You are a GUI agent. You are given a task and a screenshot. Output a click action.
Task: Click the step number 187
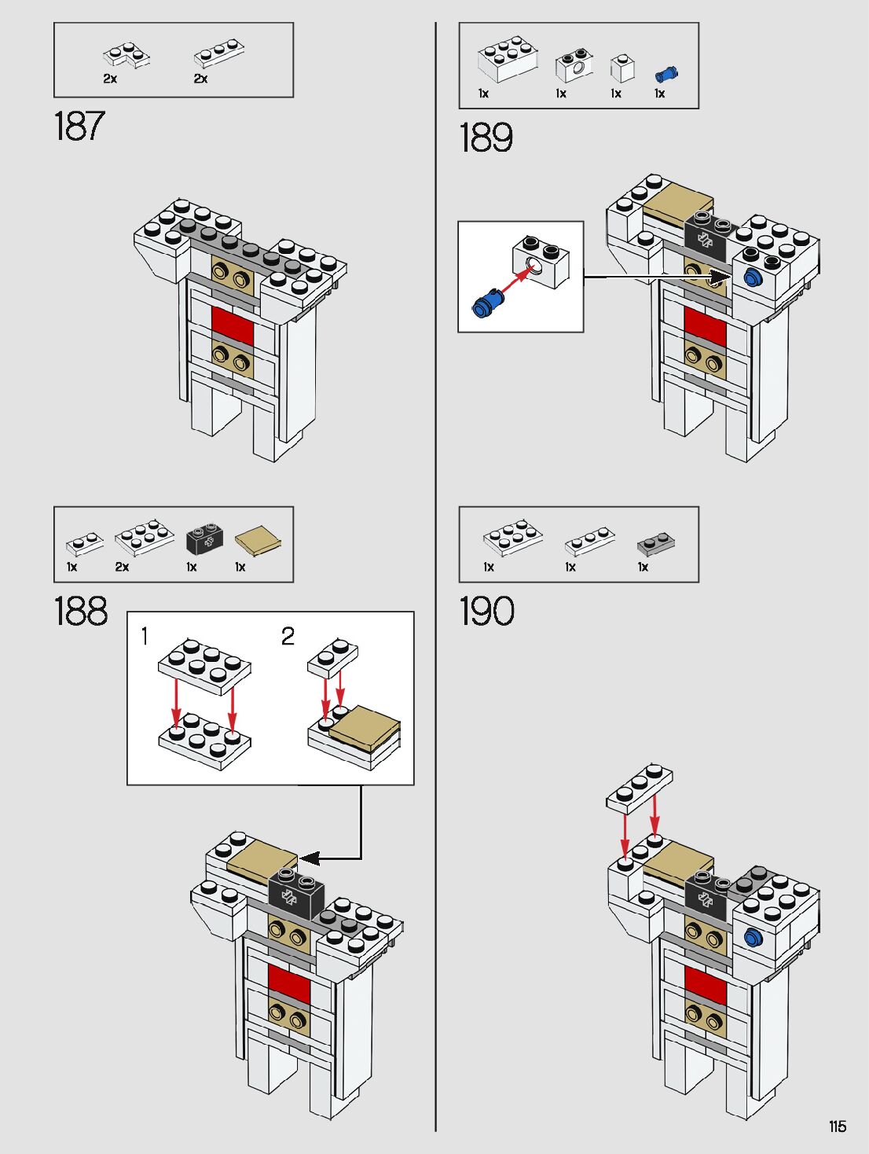[79, 127]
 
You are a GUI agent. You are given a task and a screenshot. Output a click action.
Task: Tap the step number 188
[81, 611]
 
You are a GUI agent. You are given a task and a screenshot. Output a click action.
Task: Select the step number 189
[486, 138]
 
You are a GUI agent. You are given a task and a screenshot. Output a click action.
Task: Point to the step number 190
[487, 611]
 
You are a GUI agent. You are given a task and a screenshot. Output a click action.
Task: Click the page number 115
[838, 1126]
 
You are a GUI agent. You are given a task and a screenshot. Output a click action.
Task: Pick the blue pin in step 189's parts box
[666, 75]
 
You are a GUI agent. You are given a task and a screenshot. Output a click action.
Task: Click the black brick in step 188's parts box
[204, 538]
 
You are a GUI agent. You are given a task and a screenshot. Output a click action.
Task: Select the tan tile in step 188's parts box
[258, 540]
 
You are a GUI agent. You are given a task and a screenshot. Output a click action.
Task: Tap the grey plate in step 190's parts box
[656, 544]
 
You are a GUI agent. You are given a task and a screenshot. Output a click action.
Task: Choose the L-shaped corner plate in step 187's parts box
[126, 55]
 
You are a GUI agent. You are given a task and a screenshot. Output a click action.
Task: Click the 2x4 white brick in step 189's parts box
[508, 58]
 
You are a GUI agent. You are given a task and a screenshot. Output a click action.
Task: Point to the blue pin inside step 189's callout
[488, 303]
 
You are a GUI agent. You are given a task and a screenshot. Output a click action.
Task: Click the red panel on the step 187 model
[233, 326]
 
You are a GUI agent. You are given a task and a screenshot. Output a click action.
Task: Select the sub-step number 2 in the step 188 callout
[288, 636]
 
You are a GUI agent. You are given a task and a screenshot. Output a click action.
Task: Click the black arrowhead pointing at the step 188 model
[309, 858]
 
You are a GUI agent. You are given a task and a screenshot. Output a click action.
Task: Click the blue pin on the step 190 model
[753, 936]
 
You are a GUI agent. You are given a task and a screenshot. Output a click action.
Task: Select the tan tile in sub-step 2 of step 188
[364, 728]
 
